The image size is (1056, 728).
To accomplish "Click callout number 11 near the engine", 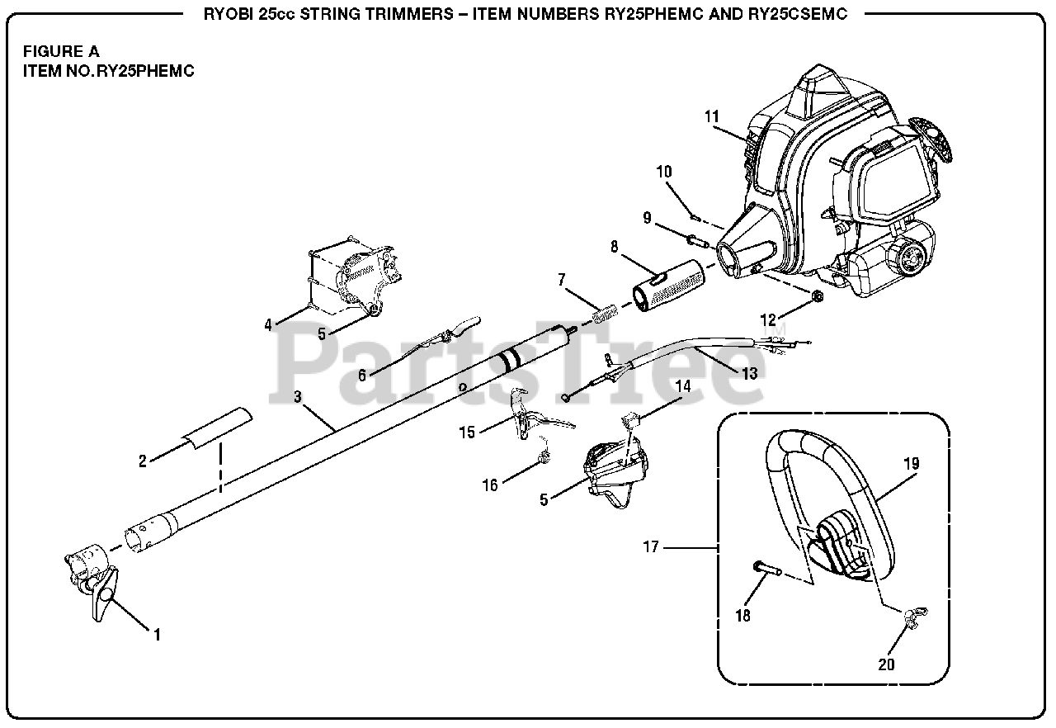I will (712, 116).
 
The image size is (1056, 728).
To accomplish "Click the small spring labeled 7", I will (607, 315).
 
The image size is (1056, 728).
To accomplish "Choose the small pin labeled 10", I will (695, 218).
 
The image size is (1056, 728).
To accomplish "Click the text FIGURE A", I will (61, 51).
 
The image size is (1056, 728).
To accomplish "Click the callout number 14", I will (682, 385).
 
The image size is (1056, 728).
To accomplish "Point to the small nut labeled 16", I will (543, 459).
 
